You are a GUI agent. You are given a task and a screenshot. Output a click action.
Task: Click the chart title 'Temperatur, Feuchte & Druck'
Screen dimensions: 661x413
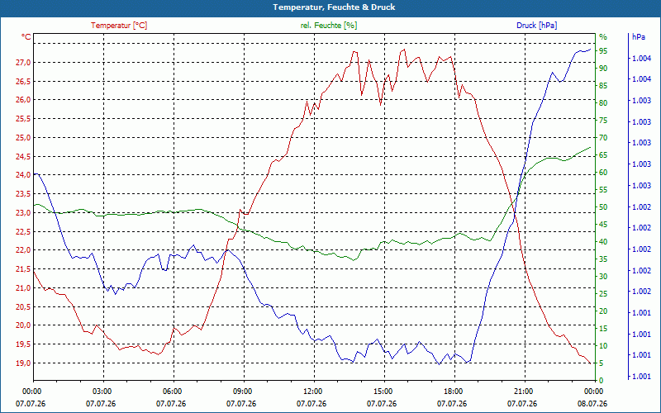pyautogui.click(x=334, y=7)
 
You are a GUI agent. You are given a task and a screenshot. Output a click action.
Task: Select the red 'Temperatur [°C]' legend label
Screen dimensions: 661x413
pyautogui.click(x=119, y=26)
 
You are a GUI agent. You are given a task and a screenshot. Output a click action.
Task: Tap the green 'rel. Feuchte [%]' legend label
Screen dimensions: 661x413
pyautogui.click(x=328, y=26)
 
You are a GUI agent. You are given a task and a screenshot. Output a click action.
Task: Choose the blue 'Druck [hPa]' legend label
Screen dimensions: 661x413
pyautogui.click(x=536, y=26)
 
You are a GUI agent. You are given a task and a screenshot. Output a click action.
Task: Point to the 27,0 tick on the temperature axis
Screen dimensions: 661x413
pyautogui.click(x=23, y=63)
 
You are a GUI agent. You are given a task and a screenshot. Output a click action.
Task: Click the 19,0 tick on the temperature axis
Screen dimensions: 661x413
pyautogui.click(x=23, y=363)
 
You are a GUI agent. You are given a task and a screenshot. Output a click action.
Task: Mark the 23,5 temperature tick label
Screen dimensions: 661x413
pyautogui.click(x=23, y=194)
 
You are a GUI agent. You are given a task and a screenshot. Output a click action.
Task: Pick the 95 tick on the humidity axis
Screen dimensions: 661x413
pyautogui.click(x=603, y=51)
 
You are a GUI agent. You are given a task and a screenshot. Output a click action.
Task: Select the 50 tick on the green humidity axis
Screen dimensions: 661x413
pyautogui.click(x=603, y=207)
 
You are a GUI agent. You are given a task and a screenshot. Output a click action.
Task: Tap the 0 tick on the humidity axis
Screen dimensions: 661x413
pyautogui.click(x=602, y=381)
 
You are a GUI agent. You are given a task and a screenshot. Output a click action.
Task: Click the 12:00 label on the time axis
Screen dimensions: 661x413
pyautogui.click(x=312, y=391)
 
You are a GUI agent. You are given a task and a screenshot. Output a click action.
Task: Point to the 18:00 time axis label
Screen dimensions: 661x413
pyautogui.click(x=453, y=391)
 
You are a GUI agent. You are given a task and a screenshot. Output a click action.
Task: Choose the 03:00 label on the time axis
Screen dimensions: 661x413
pyautogui.click(x=102, y=391)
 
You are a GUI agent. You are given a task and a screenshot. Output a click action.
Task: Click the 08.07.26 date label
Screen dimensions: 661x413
pyautogui.click(x=592, y=404)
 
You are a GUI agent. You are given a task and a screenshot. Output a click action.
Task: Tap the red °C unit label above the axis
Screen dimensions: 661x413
pyautogui.click(x=26, y=37)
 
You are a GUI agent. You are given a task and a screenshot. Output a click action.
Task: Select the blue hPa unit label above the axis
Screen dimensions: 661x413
pyautogui.click(x=639, y=37)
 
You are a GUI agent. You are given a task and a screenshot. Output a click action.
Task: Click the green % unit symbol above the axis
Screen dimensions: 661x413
pyautogui.click(x=603, y=37)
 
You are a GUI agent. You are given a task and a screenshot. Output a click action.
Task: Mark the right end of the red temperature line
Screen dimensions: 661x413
pyautogui.click(x=590, y=363)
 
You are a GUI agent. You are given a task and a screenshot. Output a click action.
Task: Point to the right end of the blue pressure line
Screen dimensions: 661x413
pyautogui.click(x=590, y=49)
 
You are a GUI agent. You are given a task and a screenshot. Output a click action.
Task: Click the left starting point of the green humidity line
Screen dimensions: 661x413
pyautogui.click(x=34, y=205)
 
